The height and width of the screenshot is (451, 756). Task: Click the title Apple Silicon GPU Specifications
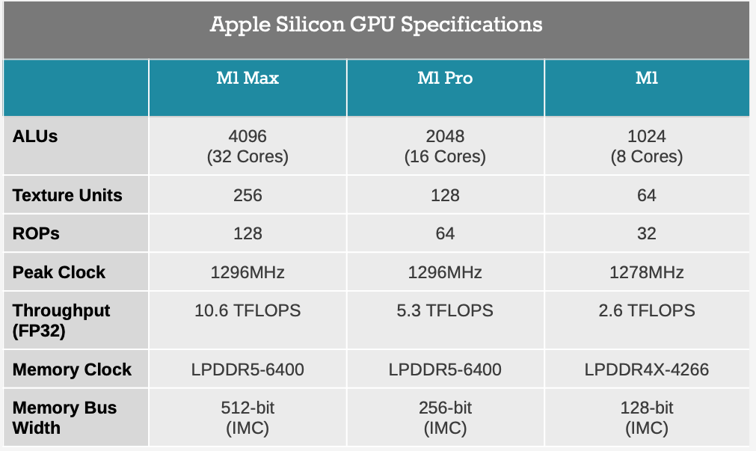coord(376,24)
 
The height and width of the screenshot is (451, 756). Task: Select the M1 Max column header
coord(248,78)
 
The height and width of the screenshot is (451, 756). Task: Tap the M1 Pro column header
coord(445,78)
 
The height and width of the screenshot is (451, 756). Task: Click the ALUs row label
coord(35,137)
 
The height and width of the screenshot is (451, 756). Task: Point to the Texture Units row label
coord(67,196)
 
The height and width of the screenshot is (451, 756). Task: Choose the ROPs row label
coord(36,233)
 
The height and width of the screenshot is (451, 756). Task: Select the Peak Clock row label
coord(59,272)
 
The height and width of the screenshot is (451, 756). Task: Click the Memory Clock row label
coord(72,369)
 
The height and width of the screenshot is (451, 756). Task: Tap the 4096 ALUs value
coord(248,137)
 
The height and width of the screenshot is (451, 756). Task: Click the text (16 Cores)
coord(445,157)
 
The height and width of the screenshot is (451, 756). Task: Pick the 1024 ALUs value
coord(647,137)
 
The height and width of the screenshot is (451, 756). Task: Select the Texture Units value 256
coord(248,196)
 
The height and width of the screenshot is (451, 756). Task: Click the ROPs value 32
coord(647,233)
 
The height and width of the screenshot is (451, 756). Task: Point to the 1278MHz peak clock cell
coord(647,272)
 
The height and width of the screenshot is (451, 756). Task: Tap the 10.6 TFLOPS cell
coord(248,310)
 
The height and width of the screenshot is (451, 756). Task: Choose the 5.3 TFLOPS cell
coord(445,310)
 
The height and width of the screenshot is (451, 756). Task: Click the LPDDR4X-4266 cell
coord(647,369)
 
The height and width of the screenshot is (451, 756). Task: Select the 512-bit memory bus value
coord(248,408)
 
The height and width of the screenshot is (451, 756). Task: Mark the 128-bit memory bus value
coord(647,408)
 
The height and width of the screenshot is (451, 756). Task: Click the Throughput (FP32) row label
coord(61,320)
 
